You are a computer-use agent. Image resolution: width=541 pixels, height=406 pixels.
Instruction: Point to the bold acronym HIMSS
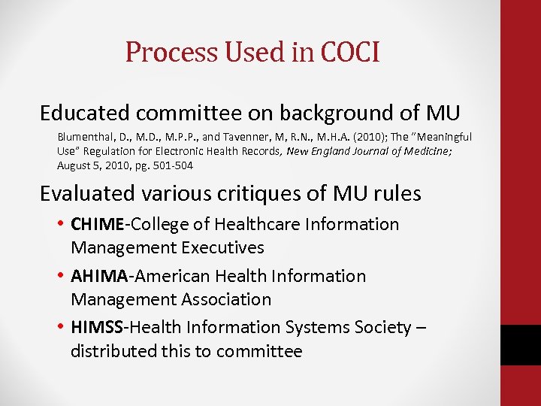tap(97, 328)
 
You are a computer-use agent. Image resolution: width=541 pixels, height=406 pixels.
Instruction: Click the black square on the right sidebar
tap(520, 345)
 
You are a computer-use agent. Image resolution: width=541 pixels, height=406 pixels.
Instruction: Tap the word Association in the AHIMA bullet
tap(225, 299)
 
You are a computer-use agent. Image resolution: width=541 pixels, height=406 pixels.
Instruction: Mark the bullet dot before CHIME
tap(59, 224)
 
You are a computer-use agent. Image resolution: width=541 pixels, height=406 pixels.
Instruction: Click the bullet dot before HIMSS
tap(59, 328)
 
